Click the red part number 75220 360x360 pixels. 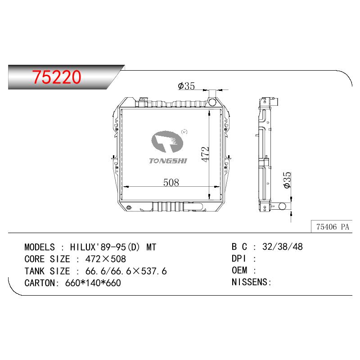(57, 76)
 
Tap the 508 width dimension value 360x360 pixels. (171, 183)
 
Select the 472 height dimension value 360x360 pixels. (205, 154)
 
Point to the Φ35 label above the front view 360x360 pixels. (186, 86)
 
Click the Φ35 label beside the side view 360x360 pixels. (287, 180)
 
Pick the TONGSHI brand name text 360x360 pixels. (168, 161)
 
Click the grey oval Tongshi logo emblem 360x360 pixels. (167, 142)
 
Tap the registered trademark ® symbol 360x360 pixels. (184, 132)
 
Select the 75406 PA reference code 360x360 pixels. (333, 227)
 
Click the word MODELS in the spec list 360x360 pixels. (40, 247)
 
